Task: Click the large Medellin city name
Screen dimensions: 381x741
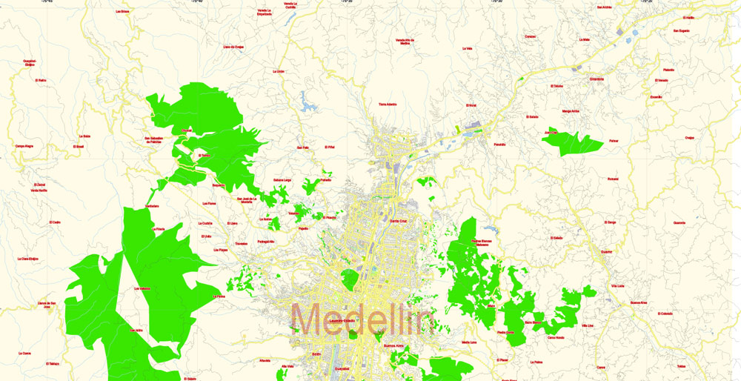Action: point(362,319)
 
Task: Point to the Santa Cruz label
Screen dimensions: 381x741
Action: point(399,220)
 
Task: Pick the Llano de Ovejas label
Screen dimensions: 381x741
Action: point(233,47)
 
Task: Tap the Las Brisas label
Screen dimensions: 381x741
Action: point(122,12)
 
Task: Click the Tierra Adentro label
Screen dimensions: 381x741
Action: point(393,105)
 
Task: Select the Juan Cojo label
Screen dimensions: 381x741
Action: point(551,133)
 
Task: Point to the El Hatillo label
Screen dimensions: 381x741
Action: point(688,17)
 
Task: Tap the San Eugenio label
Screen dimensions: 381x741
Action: point(681,30)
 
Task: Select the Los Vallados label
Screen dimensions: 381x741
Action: point(142,288)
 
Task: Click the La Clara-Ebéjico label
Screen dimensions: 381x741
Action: point(28,259)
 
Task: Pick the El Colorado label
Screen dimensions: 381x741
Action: point(665,314)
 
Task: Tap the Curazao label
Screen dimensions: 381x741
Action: point(530,36)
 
